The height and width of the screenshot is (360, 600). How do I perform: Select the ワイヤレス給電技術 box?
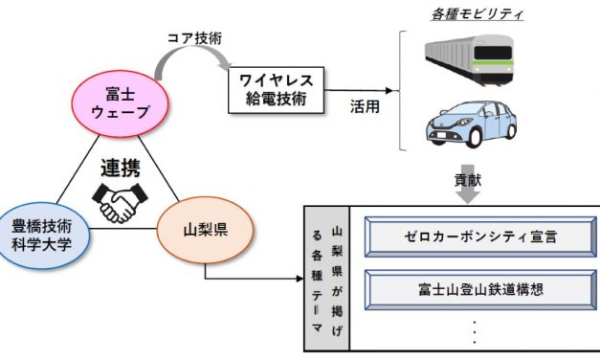click(277, 86)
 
